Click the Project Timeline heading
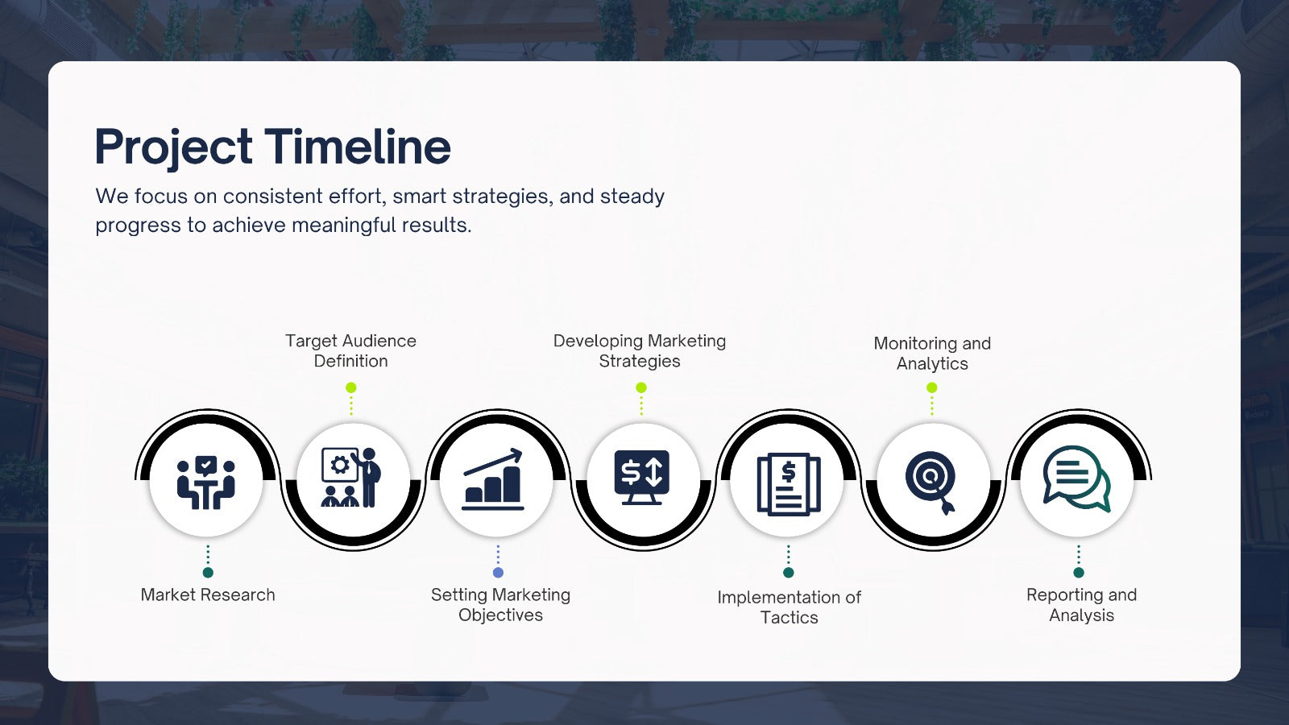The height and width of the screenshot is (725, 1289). click(273, 147)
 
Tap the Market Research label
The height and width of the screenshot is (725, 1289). click(208, 594)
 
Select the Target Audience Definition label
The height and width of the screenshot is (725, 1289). click(351, 350)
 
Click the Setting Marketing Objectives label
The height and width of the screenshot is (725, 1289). click(500, 605)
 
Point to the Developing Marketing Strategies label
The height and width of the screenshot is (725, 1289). click(640, 350)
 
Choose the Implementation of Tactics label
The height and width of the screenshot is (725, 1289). click(789, 607)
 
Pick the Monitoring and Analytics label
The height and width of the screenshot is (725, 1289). click(932, 354)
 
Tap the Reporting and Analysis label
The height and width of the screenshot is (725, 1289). click(1082, 605)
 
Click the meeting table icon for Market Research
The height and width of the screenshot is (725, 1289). click(206, 483)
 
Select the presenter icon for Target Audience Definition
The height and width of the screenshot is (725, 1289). click(351, 478)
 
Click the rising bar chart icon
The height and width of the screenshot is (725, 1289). click(493, 480)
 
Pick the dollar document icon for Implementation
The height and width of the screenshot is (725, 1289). click(789, 484)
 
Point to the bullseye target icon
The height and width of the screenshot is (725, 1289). click(931, 483)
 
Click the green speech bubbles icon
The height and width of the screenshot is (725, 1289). click(1077, 478)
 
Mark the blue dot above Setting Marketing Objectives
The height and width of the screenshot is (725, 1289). click(499, 573)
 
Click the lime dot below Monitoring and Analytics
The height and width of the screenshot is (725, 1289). click(932, 387)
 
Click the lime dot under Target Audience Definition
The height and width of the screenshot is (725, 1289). click(351, 387)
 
